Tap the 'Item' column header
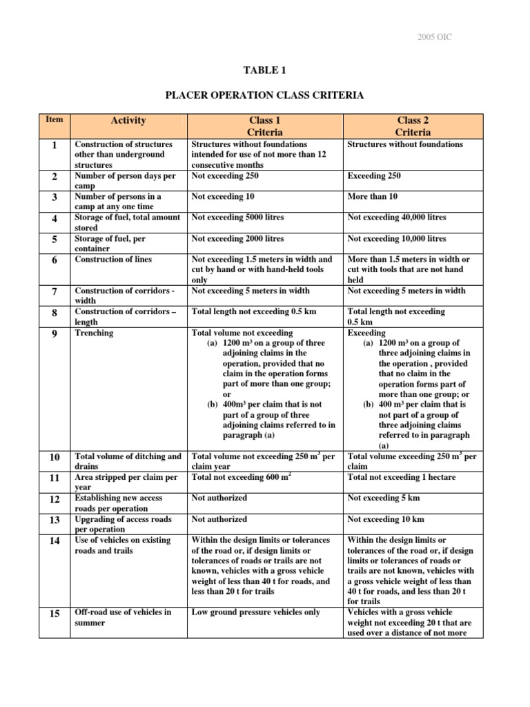(x=55, y=119)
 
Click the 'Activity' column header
(x=128, y=120)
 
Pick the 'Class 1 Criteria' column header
(x=266, y=126)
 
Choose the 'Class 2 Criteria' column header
(x=413, y=126)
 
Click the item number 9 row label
(x=55, y=333)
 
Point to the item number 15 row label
(x=55, y=613)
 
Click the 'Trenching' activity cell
(x=95, y=333)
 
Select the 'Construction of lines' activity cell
(x=113, y=259)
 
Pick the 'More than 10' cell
(x=373, y=197)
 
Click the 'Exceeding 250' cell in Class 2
(x=374, y=176)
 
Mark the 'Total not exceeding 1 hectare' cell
(x=402, y=477)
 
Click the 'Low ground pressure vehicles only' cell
(x=255, y=612)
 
